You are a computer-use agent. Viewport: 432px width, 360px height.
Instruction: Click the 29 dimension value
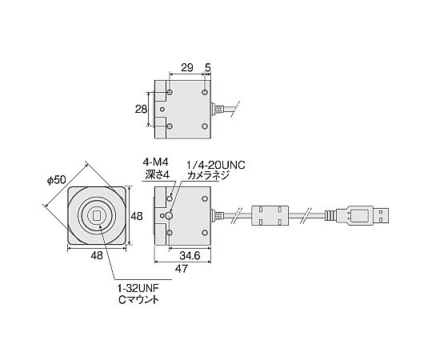pos(187,68)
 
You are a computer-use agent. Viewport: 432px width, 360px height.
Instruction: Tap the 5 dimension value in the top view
pos(208,68)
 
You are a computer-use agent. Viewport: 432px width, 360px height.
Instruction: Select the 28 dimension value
pos(141,110)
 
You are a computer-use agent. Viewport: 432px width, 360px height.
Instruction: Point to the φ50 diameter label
pos(57,180)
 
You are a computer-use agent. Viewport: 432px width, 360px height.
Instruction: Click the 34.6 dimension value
pos(190,256)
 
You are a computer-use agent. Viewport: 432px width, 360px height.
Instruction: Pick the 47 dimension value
pos(182,269)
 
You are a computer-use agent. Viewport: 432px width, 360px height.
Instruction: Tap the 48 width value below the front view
pos(97,255)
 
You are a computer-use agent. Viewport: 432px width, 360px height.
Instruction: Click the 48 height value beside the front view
pos(137,216)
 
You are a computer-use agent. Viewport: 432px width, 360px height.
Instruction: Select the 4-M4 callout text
pos(155,162)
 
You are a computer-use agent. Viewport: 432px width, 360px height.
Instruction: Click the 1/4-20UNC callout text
pos(216,166)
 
